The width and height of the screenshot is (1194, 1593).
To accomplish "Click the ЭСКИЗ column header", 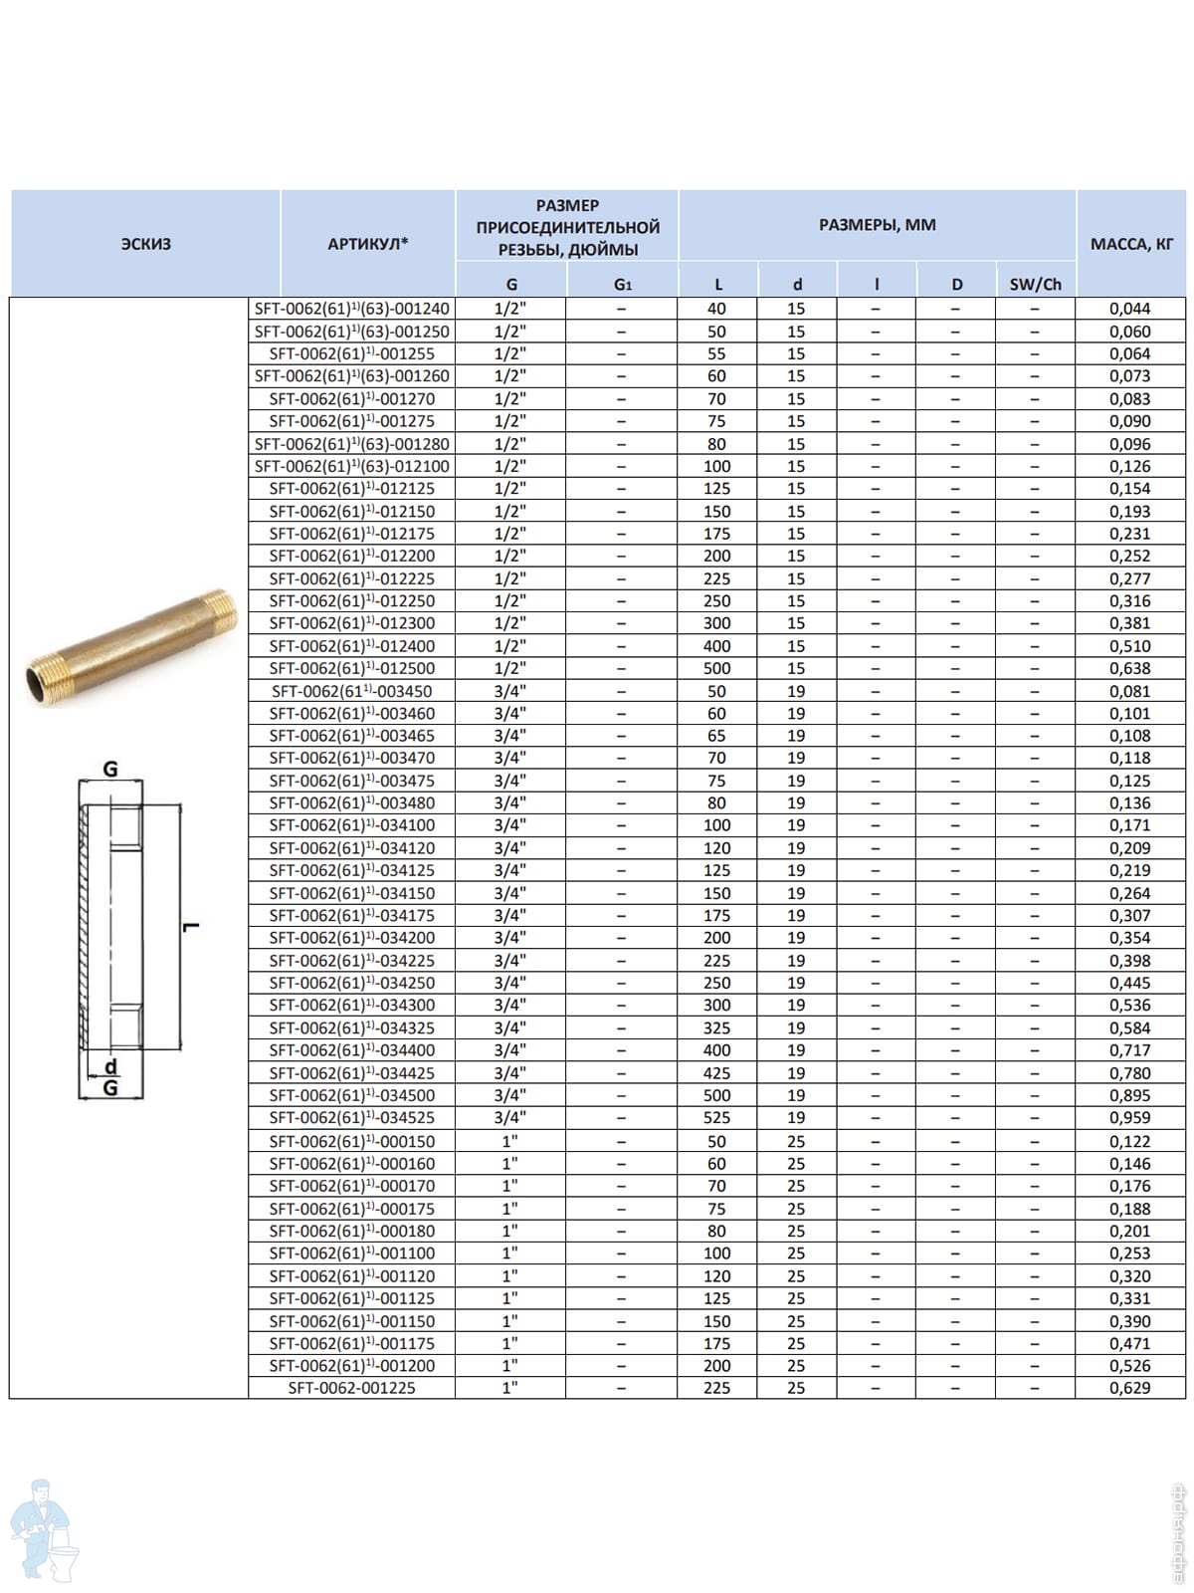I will point(145,244).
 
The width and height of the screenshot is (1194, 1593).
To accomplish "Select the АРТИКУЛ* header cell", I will point(367,244).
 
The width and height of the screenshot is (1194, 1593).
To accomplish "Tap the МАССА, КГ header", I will point(1131,244).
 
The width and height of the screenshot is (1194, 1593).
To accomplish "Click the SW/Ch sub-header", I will point(1035,285).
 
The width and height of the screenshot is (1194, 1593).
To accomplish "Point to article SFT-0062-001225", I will point(351,1388).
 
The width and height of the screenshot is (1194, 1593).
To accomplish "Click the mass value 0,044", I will point(1129,309).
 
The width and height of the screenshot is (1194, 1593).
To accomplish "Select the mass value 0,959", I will point(1129,1118).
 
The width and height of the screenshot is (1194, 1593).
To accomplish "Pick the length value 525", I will point(716,1118).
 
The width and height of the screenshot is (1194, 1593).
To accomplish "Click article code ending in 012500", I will point(351,668).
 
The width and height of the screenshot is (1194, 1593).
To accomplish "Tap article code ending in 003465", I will point(351,736).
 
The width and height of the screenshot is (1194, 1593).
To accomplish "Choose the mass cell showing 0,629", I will point(1129,1388).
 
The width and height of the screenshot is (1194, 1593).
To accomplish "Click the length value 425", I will point(716,1073).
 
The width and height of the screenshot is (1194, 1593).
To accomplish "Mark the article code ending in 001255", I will point(351,353).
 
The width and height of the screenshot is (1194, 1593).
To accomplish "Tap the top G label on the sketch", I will point(110,769).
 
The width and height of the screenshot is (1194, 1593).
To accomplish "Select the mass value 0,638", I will point(1129,668).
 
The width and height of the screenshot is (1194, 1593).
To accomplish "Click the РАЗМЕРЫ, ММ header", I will point(877,225).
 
